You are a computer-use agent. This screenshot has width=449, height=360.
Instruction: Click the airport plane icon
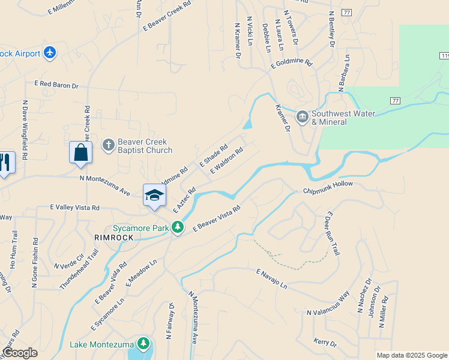49,53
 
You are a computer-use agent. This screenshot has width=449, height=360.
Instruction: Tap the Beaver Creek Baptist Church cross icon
108,145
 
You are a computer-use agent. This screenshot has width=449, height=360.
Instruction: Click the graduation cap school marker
154,195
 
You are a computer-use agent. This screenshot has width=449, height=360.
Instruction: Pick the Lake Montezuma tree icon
143,343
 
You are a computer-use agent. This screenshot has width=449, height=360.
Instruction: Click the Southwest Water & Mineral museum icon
302,116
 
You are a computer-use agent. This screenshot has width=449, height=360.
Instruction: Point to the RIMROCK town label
113,238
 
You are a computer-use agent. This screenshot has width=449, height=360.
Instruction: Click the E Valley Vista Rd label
75,207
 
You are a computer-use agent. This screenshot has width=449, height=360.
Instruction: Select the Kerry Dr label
325,342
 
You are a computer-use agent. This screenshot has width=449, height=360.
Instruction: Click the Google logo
19,353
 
